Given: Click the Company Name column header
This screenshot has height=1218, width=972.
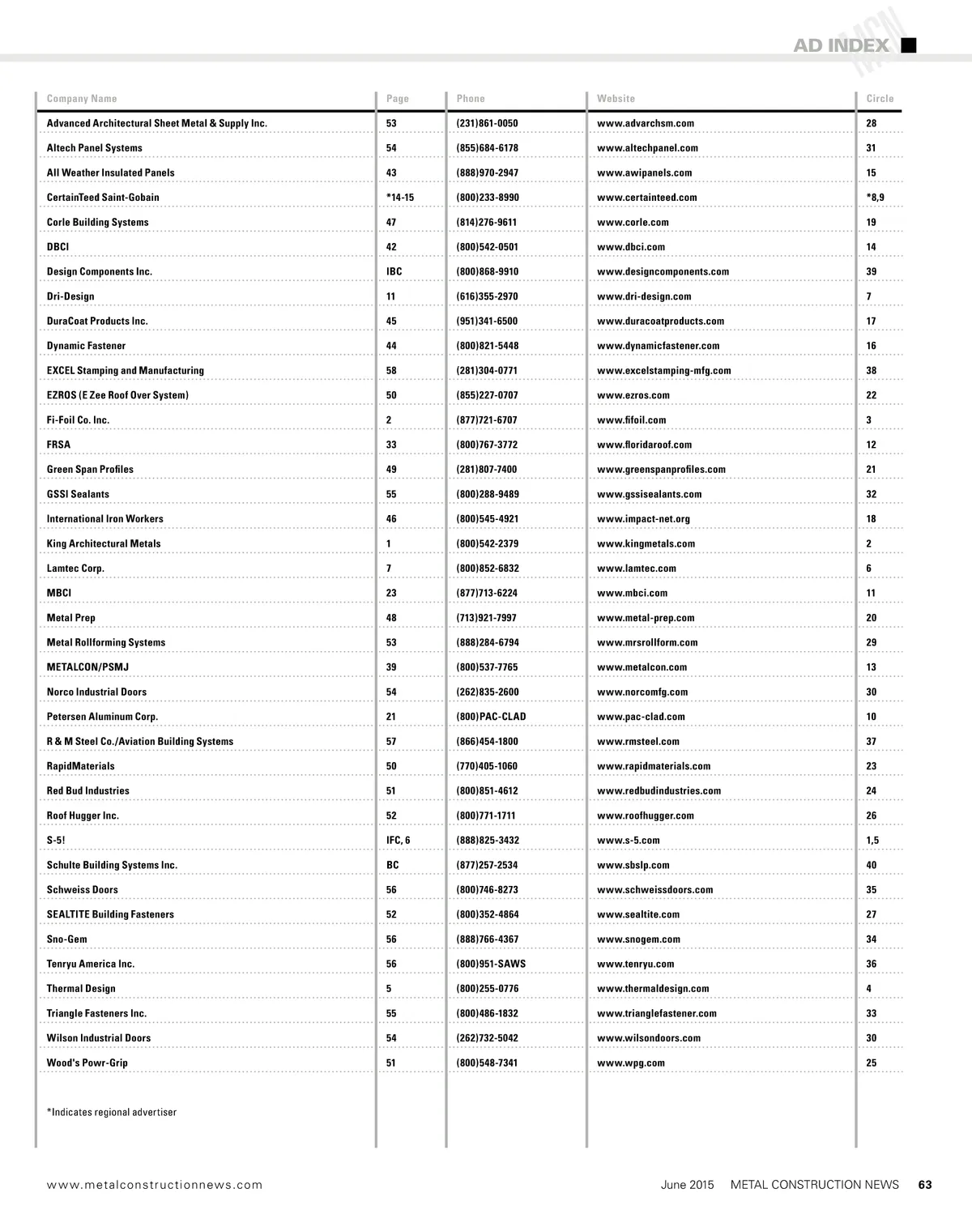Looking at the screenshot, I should coord(82,99).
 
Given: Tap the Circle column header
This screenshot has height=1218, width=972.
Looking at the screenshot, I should coord(880,99).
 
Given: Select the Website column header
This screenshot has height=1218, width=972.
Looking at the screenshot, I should coord(616,99).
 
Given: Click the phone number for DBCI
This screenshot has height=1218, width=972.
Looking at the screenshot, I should coord(487,247).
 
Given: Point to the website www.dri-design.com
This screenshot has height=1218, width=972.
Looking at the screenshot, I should coord(644,296).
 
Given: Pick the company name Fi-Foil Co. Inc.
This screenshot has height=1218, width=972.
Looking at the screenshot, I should coord(78,420).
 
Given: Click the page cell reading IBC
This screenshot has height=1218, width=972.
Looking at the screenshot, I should coord(394,272).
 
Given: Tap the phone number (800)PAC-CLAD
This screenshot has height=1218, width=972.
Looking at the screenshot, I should coord(491,717).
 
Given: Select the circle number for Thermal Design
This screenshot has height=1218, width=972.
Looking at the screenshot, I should coord(869,989).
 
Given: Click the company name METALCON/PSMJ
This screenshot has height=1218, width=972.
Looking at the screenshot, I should coord(87,667).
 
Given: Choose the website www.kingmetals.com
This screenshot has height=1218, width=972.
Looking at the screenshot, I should coord(646,544).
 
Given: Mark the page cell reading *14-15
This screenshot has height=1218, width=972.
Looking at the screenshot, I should coord(400,198).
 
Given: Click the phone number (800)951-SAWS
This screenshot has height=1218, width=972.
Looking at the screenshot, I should coord(491,964).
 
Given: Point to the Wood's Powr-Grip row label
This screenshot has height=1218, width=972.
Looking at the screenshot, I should coord(87,1063).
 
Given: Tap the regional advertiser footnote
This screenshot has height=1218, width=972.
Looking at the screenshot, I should coord(112,1113).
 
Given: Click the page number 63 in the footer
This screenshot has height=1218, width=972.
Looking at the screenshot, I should coord(925,1185).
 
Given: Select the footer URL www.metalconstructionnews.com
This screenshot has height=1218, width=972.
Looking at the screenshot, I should coord(155,1185).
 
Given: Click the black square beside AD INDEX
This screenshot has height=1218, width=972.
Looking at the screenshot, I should coord(909,45).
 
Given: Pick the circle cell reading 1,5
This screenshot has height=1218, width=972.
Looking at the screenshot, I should coord(872,841).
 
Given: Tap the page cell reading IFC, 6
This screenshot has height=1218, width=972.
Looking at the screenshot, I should coord(398,841).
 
